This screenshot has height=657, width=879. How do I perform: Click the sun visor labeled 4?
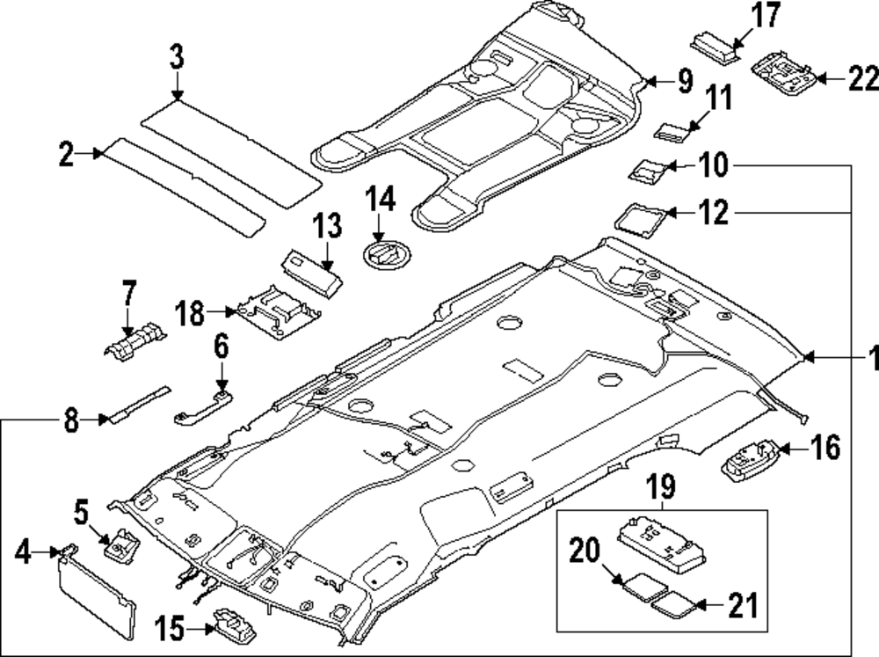click(97, 593)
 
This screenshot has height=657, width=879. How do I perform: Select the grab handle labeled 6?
click(201, 407)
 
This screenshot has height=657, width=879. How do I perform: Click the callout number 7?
click(129, 292)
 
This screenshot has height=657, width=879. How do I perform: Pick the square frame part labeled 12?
click(640, 215)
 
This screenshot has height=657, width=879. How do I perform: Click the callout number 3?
click(177, 60)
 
